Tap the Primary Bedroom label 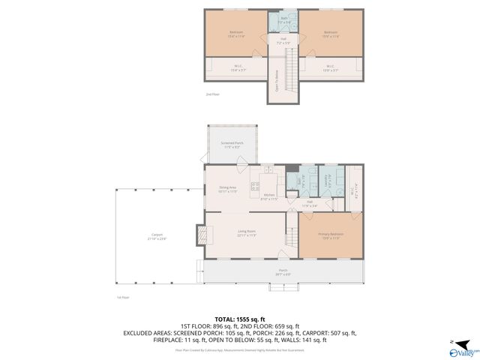[330, 235]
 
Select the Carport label [157, 236]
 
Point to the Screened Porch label [231, 145]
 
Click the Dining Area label [228, 189]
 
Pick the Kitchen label [268, 197]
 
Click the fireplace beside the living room [202, 235]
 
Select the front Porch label [283, 271]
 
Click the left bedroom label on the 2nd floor [235, 34]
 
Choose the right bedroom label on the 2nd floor [331, 34]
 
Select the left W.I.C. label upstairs [237, 68]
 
